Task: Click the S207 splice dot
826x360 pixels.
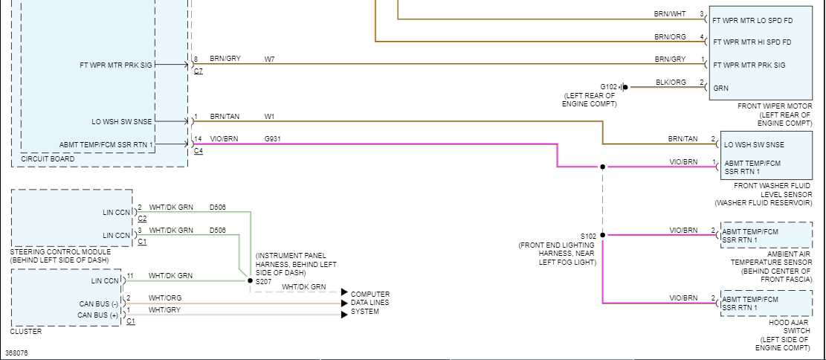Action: pos(250,281)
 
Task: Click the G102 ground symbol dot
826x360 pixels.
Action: pos(625,87)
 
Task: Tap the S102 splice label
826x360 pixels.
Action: pos(588,236)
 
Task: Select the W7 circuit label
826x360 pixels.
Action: pos(269,59)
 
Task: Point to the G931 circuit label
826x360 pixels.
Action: pos(272,138)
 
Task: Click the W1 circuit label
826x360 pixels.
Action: pos(269,117)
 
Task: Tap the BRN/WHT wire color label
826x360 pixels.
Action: pos(670,14)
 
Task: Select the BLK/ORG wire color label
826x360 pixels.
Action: pos(671,82)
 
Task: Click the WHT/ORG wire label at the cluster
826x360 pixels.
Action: pos(165,298)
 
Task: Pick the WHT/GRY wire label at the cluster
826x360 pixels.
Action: pos(165,309)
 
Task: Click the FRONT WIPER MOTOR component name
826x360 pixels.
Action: pos(773,106)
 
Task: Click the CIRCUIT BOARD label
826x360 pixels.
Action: pos(48,159)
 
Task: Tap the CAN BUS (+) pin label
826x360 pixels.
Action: pos(98,315)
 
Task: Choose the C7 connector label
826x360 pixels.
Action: pos(199,71)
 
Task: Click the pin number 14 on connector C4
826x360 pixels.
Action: pos(198,138)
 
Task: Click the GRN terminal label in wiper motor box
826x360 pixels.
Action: pos(721,88)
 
